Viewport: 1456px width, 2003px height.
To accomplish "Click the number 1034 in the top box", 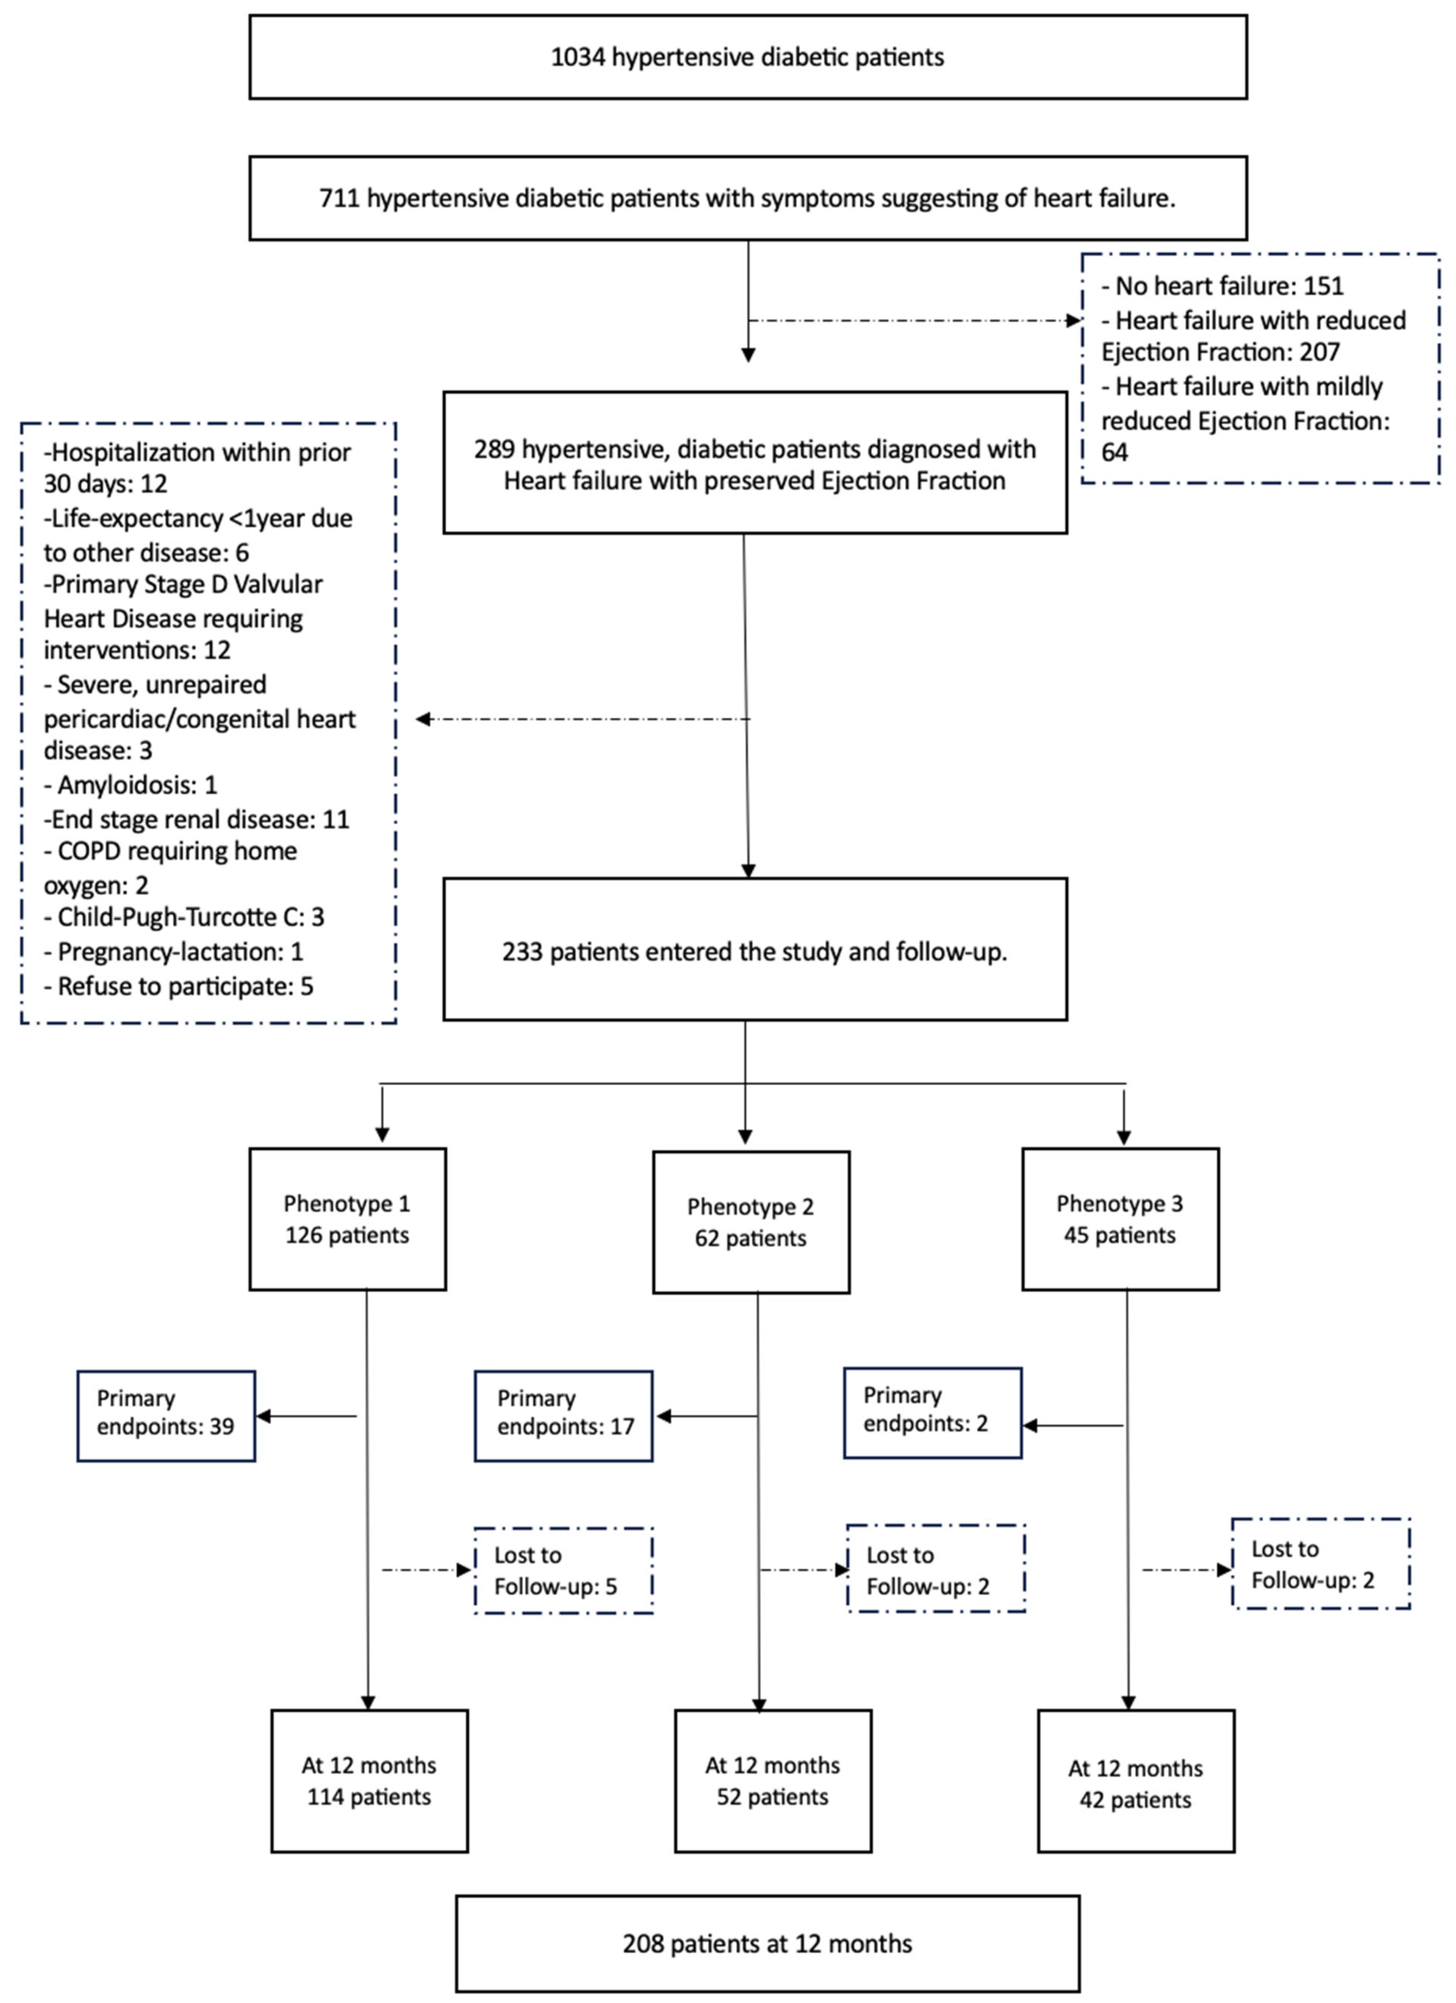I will pos(577,57).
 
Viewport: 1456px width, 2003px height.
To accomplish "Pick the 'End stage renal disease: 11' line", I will pos(196,820).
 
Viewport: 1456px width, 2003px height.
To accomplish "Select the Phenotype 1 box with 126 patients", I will pos(347,1220).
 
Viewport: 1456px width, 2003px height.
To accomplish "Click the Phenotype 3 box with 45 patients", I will pos(1120,1220).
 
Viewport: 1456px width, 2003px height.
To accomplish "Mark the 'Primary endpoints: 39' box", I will pos(166,1416).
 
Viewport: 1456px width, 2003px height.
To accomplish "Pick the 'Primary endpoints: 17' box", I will pos(563,1416).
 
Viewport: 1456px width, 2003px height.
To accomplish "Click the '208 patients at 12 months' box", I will pos(767,1944).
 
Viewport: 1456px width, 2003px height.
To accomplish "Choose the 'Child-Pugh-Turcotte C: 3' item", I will pos(184,917).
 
